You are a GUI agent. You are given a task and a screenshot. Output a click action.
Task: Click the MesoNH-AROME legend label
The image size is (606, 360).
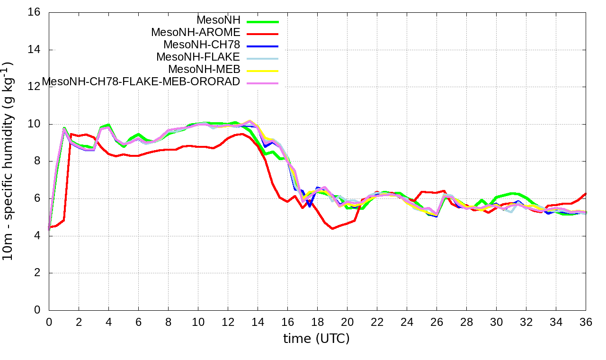click(196, 33)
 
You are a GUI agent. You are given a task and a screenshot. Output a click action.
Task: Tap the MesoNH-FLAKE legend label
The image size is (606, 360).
click(198, 57)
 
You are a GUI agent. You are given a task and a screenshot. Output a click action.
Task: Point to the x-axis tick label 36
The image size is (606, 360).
click(586, 322)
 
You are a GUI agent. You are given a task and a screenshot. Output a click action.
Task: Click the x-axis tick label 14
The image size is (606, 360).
click(258, 322)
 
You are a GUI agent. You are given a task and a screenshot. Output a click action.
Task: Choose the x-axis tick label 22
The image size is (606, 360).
click(377, 322)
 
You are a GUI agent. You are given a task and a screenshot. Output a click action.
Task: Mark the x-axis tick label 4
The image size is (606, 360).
click(108, 322)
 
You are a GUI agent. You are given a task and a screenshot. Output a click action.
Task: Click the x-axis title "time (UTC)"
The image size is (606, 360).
click(316, 339)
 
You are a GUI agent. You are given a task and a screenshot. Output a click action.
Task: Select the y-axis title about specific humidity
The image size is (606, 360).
click(9, 161)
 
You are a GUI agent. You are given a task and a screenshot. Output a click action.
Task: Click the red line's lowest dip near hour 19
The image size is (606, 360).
click(333, 229)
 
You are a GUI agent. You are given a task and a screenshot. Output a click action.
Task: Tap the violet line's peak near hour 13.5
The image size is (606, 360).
click(250, 121)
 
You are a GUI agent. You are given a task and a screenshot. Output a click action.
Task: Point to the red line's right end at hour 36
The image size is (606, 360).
click(586, 193)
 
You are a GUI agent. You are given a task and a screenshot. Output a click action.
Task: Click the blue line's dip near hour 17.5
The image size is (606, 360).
click(310, 206)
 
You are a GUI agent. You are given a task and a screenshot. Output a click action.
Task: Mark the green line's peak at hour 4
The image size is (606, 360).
click(108, 125)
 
